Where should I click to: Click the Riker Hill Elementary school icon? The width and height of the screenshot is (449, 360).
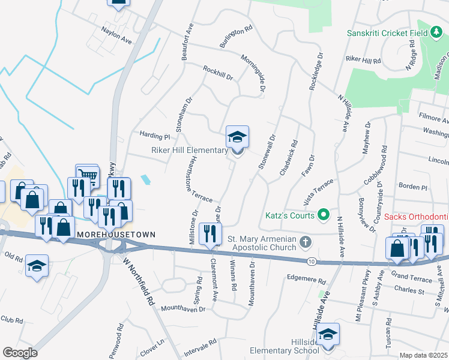click(237, 137)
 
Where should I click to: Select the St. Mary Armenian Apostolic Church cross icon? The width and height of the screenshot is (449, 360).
click(306, 242)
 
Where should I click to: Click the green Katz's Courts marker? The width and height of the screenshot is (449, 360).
click(324, 214)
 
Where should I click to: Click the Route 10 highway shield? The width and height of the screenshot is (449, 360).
click(311, 262)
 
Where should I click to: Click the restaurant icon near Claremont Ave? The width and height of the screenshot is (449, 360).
click(209, 234)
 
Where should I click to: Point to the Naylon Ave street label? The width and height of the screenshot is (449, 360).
click(116, 35)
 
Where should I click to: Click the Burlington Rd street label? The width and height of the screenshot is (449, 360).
click(235, 37)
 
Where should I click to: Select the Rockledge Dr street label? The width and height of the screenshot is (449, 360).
click(316, 75)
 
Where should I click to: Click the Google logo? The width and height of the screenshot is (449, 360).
click(20, 352)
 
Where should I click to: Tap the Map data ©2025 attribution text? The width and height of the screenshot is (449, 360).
click(424, 355)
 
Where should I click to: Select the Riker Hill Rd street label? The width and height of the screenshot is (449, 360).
click(363, 61)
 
